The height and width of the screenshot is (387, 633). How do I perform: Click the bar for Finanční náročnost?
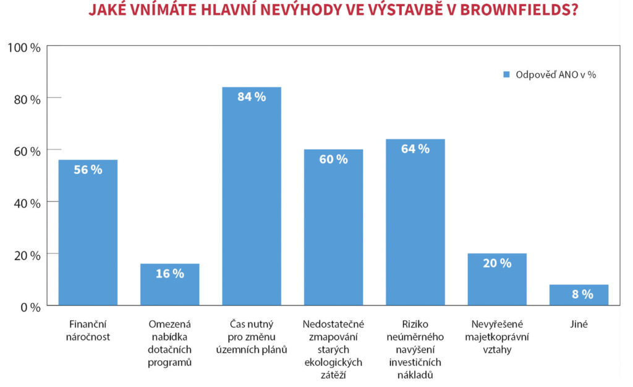pyautogui.click(x=88, y=232)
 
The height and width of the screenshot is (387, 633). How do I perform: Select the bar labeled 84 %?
pyautogui.click(x=252, y=198)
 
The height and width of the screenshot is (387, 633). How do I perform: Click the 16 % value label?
pyautogui.click(x=169, y=274)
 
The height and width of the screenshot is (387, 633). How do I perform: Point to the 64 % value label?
pyautogui.click(x=415, y=149)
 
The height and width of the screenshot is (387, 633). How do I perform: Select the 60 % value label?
pyautogui.click(x=333, y=159)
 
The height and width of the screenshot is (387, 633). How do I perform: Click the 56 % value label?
pyautogui.click(x=88, y=170)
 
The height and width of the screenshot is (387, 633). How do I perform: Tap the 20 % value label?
pyautogui.click(x=496, y=263)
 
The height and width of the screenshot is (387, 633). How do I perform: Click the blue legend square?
pyautogui.click(x=505, y=75)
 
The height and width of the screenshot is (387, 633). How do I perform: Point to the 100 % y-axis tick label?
pyautogui.click(x=23, y=47)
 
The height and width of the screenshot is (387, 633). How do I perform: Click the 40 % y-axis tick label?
pyautogui.click(x=27, y=203)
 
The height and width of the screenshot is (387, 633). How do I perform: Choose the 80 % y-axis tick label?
pyautogui.click(x=27, y=99)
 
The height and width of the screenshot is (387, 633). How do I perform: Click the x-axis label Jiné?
pyautogui.click(x=579, y=323)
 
